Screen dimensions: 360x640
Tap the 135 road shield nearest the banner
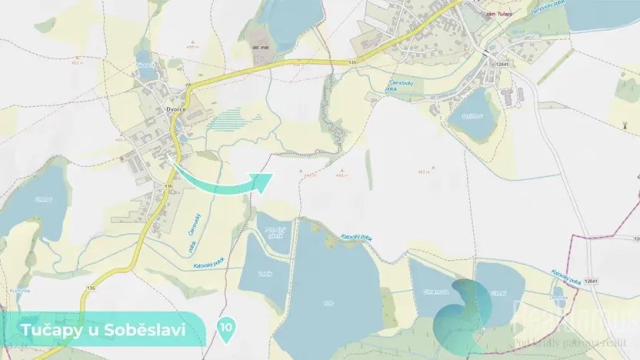pyautogui.click(x=91, y=288)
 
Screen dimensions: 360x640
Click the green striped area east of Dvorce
pyautogui.click(x=238, y=118)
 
